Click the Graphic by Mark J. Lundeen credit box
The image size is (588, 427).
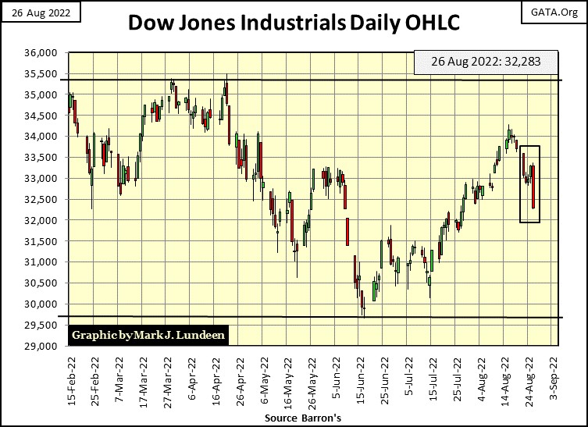[x=148, y=335]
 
